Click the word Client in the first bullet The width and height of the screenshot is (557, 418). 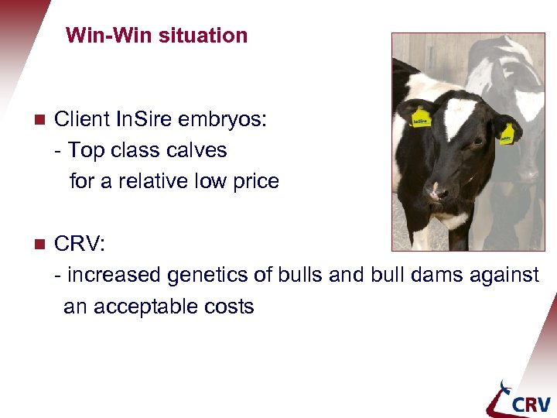pos(81,119)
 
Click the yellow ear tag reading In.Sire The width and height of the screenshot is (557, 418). pos(420,118)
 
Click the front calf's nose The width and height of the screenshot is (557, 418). pos(436,189)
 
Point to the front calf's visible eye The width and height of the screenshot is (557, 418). pos(478,141)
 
